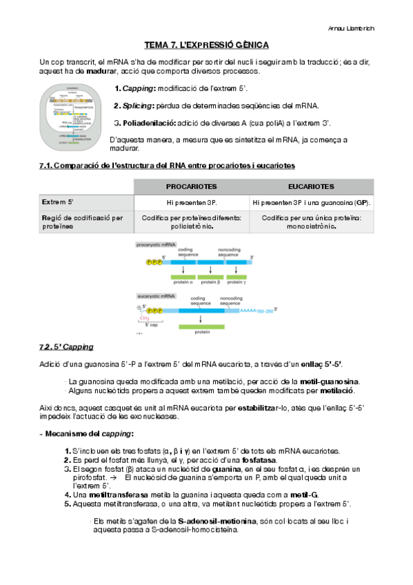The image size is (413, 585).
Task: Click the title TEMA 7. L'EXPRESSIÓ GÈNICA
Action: click(206, 46)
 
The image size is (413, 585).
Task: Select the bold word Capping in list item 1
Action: click(138, 88)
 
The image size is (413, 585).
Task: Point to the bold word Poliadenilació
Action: click(147, 123)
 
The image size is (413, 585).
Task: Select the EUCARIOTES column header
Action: click(312, 186)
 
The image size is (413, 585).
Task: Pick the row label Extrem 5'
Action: click(58, 203)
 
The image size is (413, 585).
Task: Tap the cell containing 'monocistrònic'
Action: click(312, 222)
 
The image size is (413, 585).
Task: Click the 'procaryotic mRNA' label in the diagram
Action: click(157, 246)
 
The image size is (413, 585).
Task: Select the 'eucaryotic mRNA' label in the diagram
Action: click(157, 295)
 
